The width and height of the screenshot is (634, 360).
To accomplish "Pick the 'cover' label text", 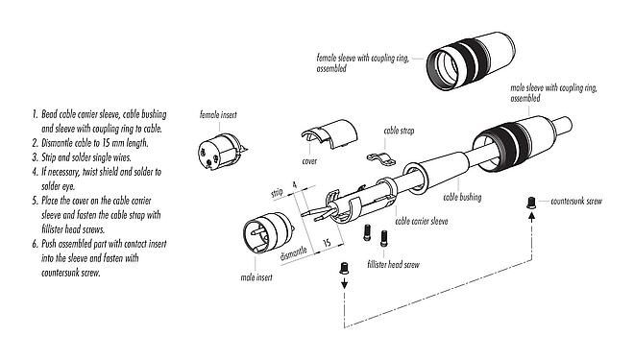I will coord(309,162).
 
